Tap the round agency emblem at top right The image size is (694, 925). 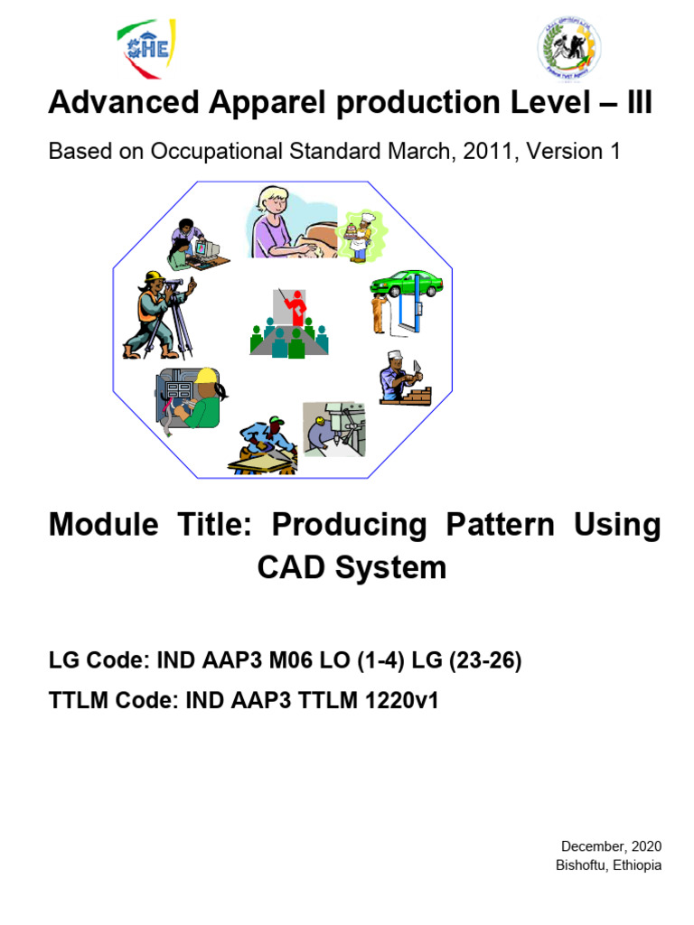click(569, 49)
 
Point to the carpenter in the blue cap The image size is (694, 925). click(265, 444)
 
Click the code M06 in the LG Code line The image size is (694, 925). click(324, 661)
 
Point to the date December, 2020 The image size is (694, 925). click(611, 846)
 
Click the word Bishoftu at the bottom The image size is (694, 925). click(584, 865)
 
